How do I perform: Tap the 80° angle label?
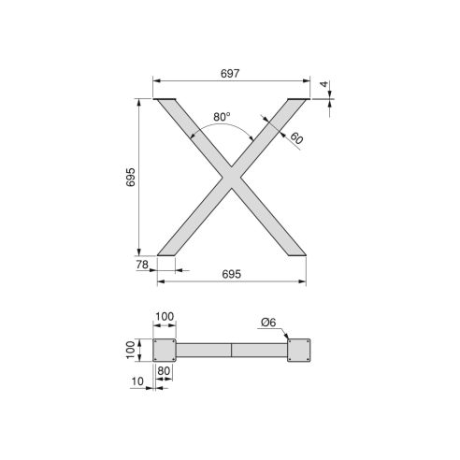point(222,117)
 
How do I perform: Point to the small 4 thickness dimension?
point(323,85)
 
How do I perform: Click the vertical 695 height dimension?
point(132,177)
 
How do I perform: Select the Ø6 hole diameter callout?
point(267,323)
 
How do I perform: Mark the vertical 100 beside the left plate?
point(132,350)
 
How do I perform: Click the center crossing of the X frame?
point(231,177)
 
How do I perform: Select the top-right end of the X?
point(296,100)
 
